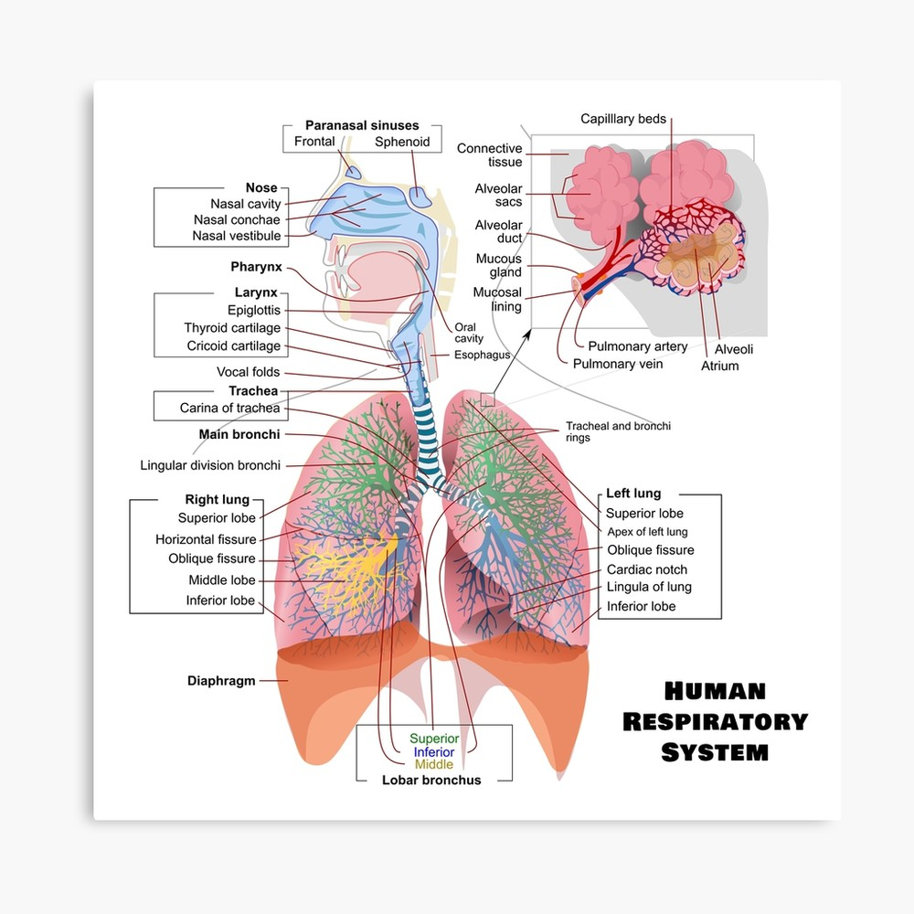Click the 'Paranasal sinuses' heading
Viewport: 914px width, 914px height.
362,125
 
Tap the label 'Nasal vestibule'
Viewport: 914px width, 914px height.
237,236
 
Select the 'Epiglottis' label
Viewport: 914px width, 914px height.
254,310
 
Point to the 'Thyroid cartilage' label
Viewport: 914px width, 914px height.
232,327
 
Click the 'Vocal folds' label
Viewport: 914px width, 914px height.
249,372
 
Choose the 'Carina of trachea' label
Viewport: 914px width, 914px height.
229,408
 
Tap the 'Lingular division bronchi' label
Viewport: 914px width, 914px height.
210,465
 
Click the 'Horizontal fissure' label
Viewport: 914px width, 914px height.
206,539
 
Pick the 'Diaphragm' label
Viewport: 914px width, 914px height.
221,681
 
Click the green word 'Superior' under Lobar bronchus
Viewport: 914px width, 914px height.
434,739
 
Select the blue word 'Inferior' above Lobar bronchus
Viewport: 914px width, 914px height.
434,752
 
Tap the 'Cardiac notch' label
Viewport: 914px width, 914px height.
647,569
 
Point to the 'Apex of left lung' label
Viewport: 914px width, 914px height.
648,532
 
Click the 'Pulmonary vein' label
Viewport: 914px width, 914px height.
618,365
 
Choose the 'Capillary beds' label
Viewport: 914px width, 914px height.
623,119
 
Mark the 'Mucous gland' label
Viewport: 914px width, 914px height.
499,265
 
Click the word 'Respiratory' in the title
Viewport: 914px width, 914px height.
716,722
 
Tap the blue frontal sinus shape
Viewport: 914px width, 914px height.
353,172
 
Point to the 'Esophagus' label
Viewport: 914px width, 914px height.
482,355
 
